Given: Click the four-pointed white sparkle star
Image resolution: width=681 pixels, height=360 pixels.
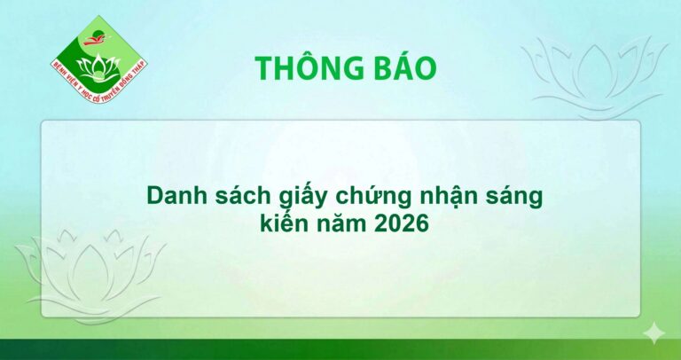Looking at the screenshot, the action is [x=654, y=333].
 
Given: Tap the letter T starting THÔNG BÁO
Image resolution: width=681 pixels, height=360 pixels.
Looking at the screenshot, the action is [x=263, y=68].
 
